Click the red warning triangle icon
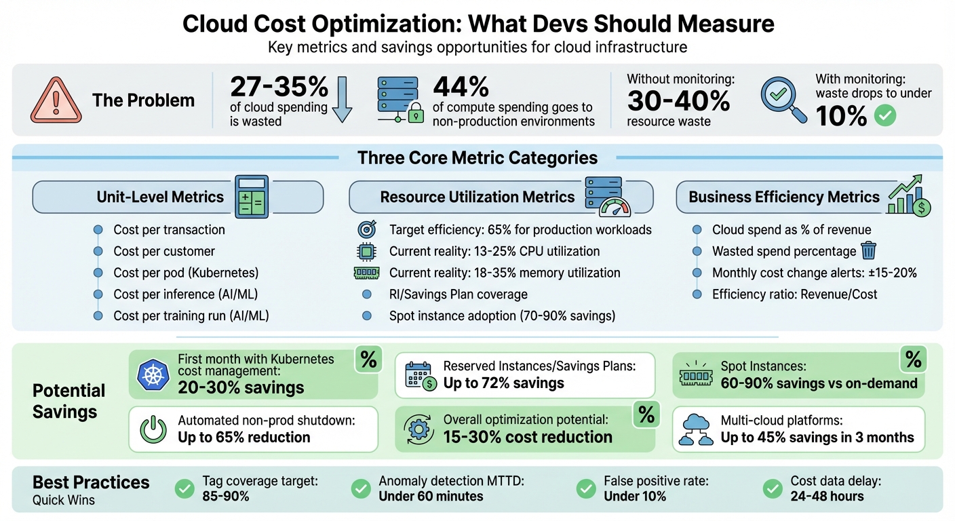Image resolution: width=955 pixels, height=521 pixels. (x=56, y=100)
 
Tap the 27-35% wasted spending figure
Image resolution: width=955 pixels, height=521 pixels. (x=279, y=87)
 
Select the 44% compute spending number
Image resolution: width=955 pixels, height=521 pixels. (x=461, y=87)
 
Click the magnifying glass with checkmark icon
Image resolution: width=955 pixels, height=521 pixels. (x=783, y=100)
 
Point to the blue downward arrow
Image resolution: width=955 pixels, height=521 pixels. (x=342, y=99)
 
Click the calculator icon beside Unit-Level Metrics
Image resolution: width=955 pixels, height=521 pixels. (x=252, y=197)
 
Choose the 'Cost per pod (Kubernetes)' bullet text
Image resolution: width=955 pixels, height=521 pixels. (x=186, y=273)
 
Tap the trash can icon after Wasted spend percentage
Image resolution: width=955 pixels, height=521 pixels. (x=868, y=251)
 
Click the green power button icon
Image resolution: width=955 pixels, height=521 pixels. (x=153, y=429)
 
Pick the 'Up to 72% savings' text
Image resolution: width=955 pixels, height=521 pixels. (x=503, y=383)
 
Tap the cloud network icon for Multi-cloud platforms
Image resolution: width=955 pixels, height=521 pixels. (x=696, y=429)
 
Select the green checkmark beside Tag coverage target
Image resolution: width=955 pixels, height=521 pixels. (x=184, y=488)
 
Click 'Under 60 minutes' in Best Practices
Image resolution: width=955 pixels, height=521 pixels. (x=431, y=497)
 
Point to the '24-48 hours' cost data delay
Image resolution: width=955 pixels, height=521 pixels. (x=827, y=497)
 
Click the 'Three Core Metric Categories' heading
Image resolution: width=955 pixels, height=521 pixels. (x=477, y=158)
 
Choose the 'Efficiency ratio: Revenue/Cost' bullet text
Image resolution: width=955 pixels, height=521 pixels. (x=794, y=294)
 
